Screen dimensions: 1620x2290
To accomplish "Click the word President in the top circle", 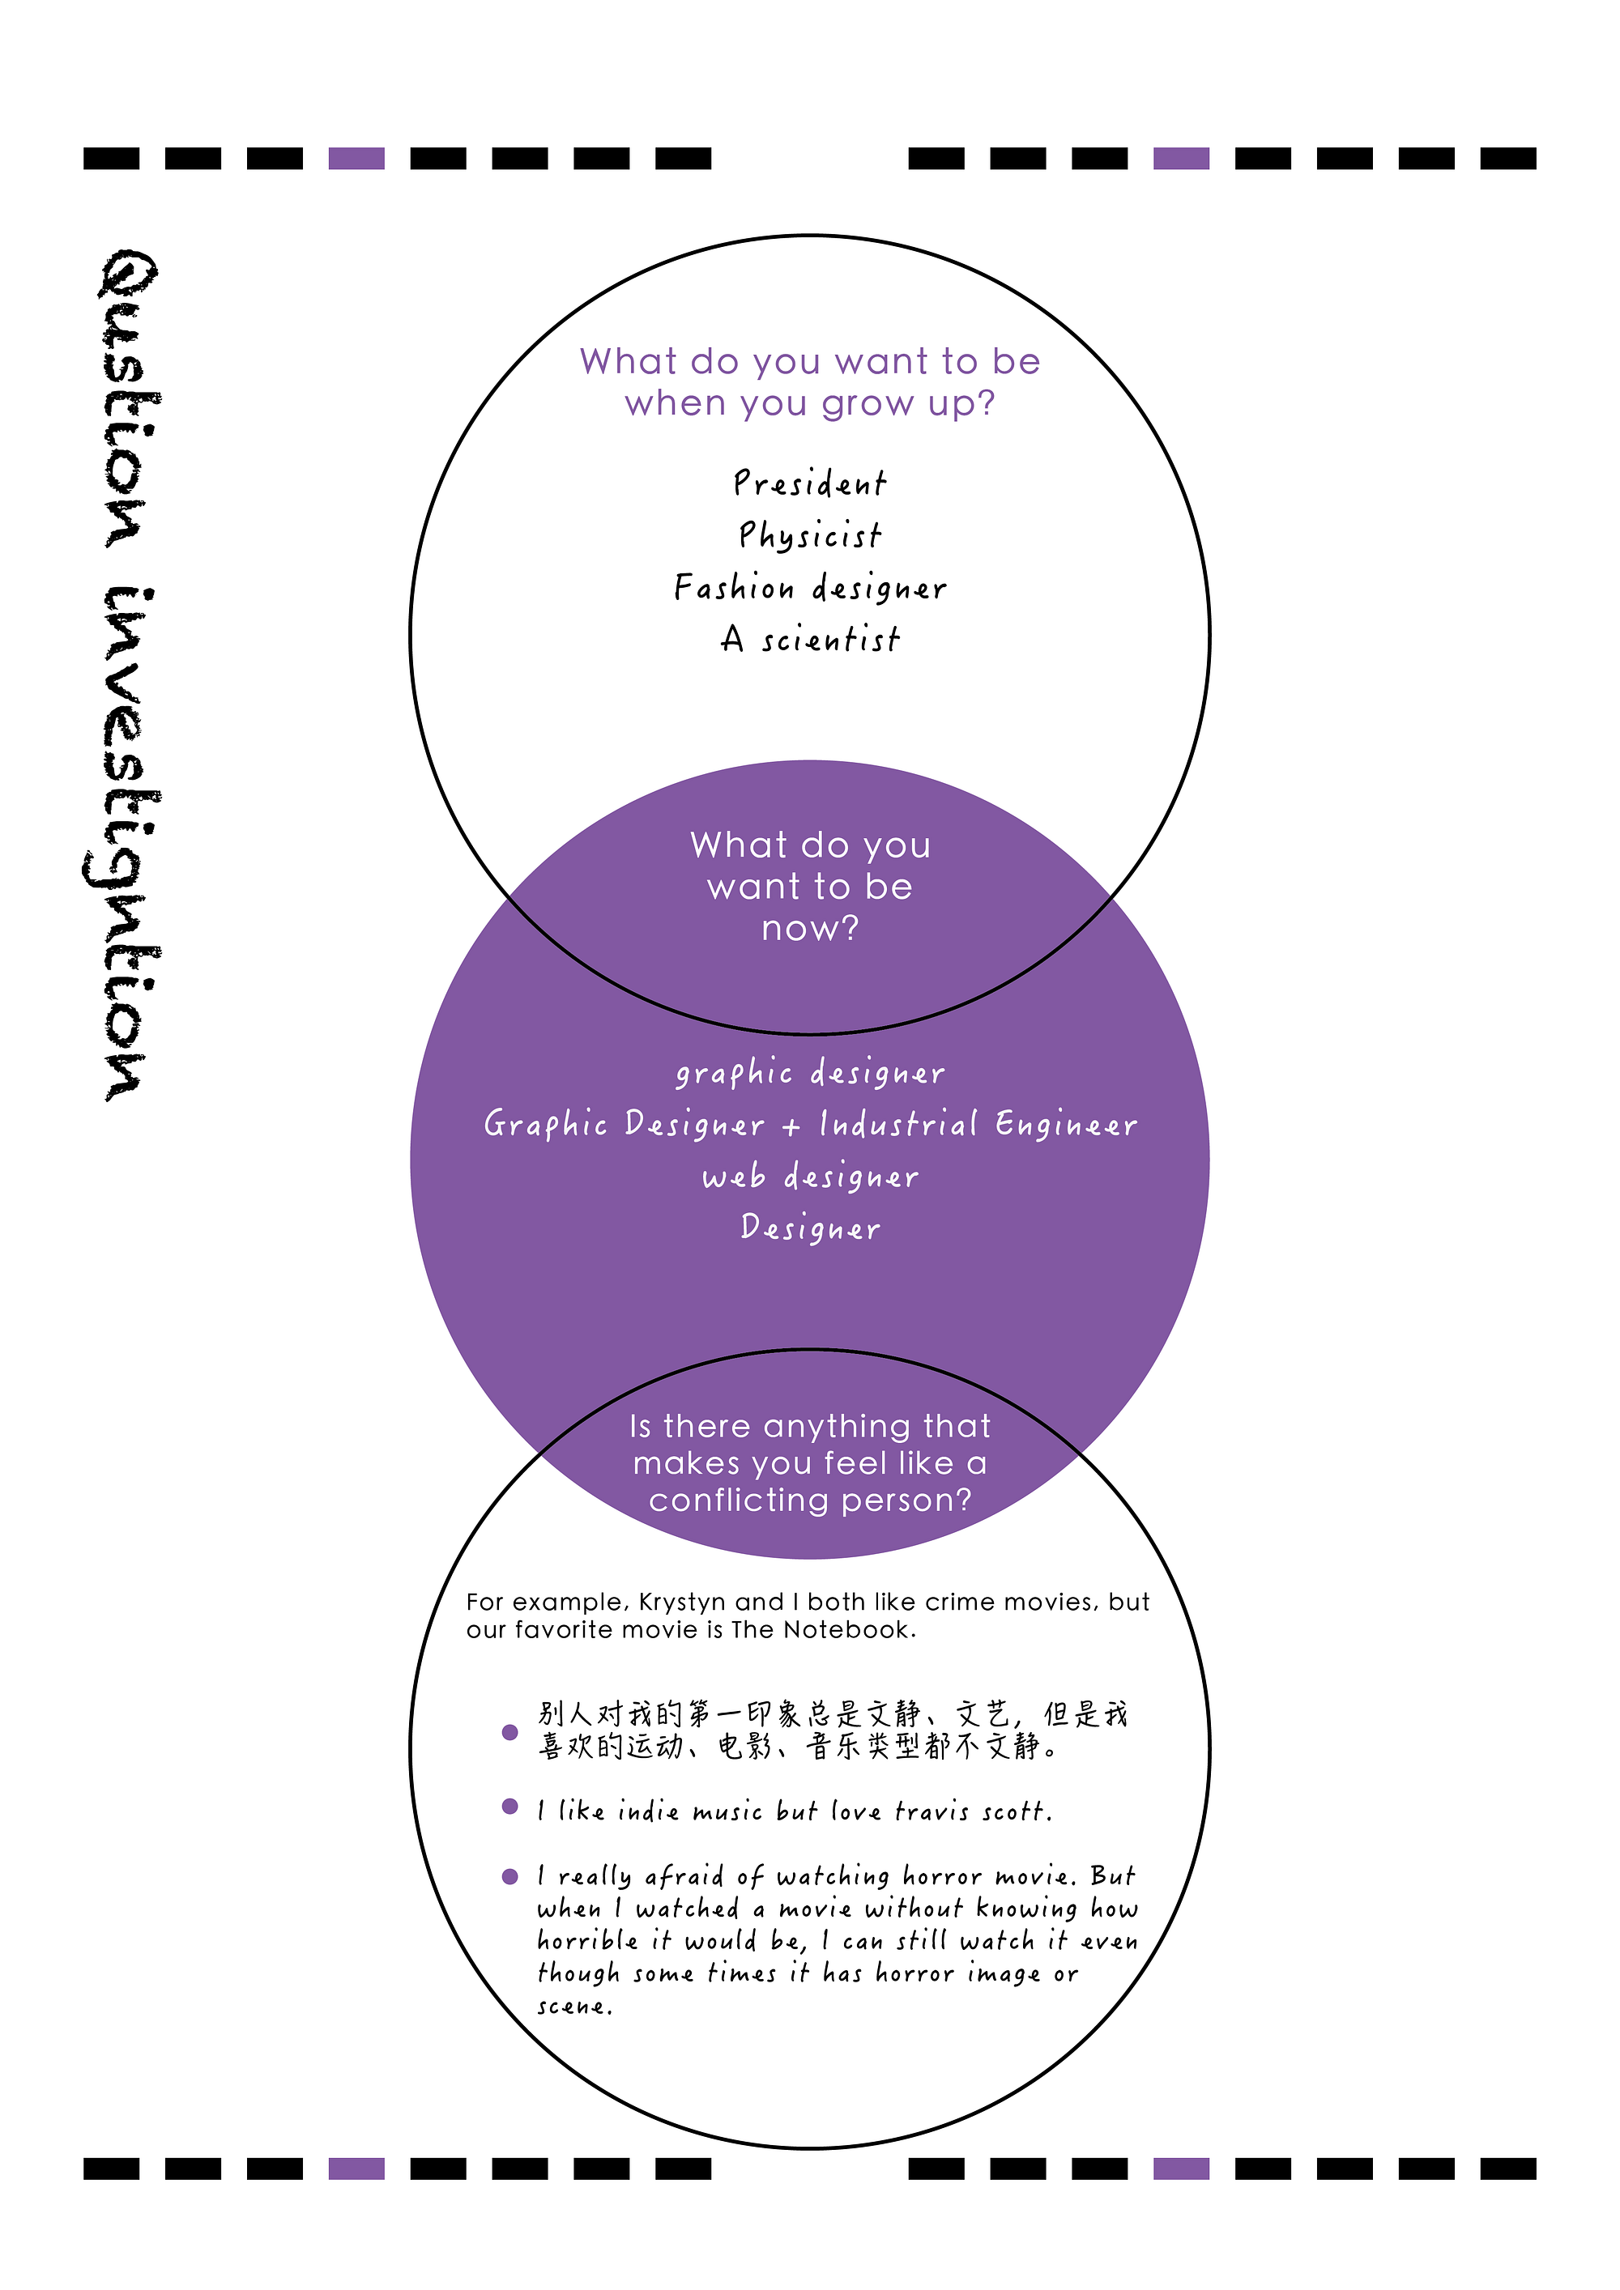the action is pyautogui.click(x=809, y=483).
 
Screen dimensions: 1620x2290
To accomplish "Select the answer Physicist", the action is pyautogui.click(x=810, y=535).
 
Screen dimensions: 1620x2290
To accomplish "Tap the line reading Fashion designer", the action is pyautogui.click(x=810, y=587).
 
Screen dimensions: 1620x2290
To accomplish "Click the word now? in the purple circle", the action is pyautogui.click(x=810, y=929).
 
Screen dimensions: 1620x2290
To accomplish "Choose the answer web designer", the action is pyautogui.click(x=810, y=1176).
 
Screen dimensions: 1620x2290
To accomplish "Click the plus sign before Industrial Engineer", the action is pyautogui.click(x=791, y=1127).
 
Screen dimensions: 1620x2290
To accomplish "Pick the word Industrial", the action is pyautogui.click(x=897, y=1124).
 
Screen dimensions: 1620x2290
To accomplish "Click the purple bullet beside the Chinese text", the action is pyautogui.click(x=509, y=1731).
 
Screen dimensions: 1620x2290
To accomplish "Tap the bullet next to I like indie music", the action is pyautogui.click(x=509, y=1807).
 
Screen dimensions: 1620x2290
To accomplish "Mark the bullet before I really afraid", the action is pyautogui.click(x=509, y=1876).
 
